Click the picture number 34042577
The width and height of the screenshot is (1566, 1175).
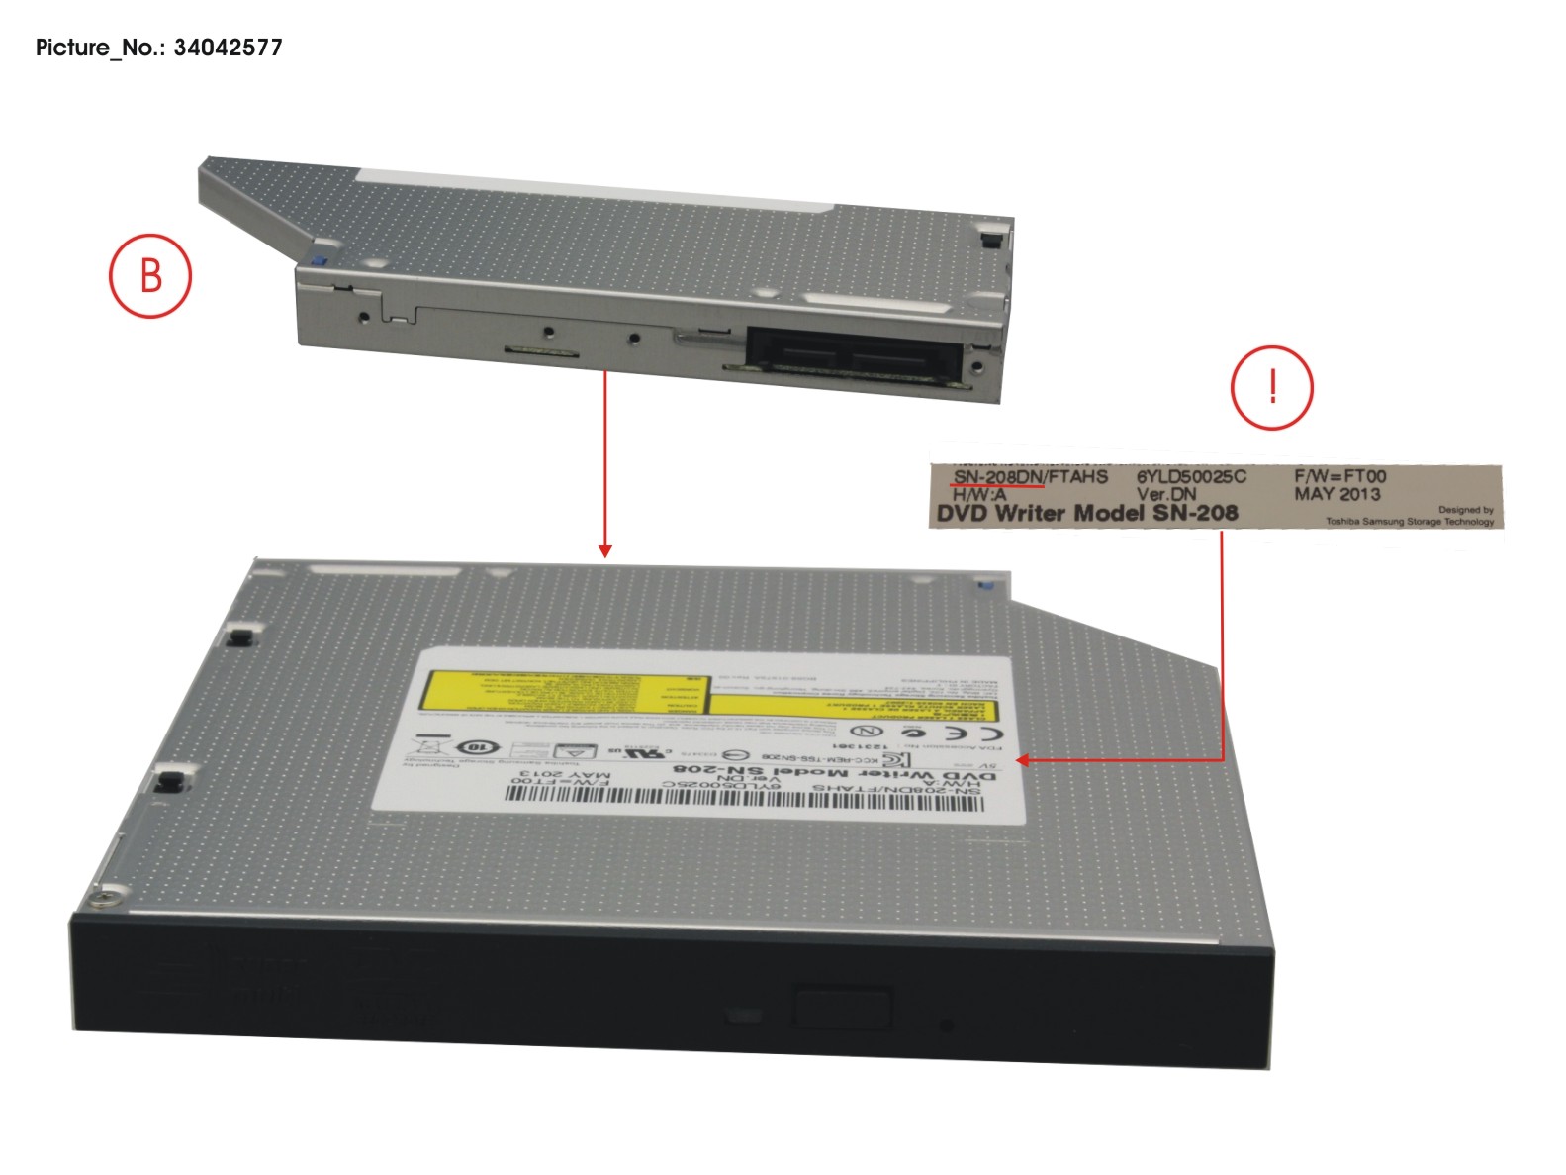pyautogui.click(x=228, y=48)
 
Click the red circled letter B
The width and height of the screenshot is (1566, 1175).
pyautogui.click(x=150, y=275)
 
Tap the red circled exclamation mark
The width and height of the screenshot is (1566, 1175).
pyautogui.click(x=1272, y=387)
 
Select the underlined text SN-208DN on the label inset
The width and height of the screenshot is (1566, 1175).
pyautogui.click(x=998, y=477)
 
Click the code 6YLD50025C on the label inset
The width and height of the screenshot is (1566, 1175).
pyautogui.click(x=1191, y=476)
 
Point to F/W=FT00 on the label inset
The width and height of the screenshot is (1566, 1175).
pyautogui.click(x=1339, y=476)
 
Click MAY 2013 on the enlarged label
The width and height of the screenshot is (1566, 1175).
pyautogui.click(x=1336, y=494)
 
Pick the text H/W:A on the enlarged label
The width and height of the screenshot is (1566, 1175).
pyautogui.click(x=979, y=494)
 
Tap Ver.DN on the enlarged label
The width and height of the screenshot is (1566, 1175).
pyautogui.click(x=1165, y=494)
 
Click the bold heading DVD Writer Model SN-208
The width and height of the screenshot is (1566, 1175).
pyautogui.click(x=1086, y=513)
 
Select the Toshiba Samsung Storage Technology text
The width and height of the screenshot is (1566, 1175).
pyautogui.click(x=1410, y=522)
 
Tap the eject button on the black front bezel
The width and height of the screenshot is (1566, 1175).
pyautogui.click(x=843, y=1007)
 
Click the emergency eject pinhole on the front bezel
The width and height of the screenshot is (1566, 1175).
pyautogui.click(x=947, y=1026)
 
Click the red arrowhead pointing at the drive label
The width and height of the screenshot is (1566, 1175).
pyautogui.click(x=1025, y=760)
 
